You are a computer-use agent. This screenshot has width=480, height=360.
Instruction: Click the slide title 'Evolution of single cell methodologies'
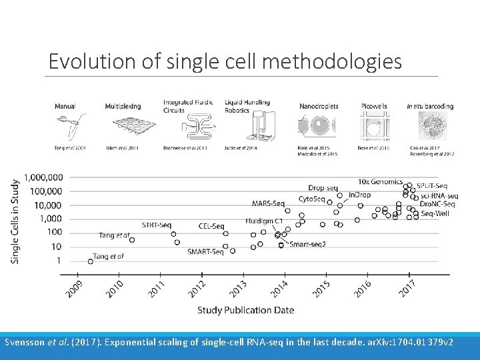click(x=225, y=61)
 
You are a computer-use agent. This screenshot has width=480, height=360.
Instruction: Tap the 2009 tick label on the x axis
click(x=74, y=289)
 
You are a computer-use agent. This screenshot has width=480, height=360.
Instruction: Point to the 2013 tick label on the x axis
click(x=238, y=289)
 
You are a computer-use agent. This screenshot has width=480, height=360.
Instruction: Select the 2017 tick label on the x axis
click(x=407, y=289)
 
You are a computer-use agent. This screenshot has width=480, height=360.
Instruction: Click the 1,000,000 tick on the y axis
click(x=43, y=177)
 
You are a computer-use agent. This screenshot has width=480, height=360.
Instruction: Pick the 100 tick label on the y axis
click(x=55, y=232)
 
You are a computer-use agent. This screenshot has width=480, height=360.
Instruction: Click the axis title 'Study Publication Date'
click(x=245, y=310)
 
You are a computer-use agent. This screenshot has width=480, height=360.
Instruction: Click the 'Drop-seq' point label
click(x=322, y=188)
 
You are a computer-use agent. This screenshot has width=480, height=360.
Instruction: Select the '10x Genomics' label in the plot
click(x=380, y=181)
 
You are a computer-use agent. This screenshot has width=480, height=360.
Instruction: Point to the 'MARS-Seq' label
click(x=268, y=203)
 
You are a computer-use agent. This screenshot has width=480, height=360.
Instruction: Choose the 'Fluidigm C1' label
click(x=264, y=221)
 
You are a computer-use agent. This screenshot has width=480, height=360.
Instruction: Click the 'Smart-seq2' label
click(x=307, y=245)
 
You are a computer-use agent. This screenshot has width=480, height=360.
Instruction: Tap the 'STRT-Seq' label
click(x=157, y=225)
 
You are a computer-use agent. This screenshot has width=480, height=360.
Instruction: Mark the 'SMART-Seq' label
click(x=205, y=252)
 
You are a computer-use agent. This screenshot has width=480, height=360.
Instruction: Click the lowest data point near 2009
click(x=91, y=261)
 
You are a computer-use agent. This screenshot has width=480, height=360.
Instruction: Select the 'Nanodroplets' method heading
click(x=319, y=106)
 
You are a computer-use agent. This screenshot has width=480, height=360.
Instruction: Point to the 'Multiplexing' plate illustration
click(x=127, y=128)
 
